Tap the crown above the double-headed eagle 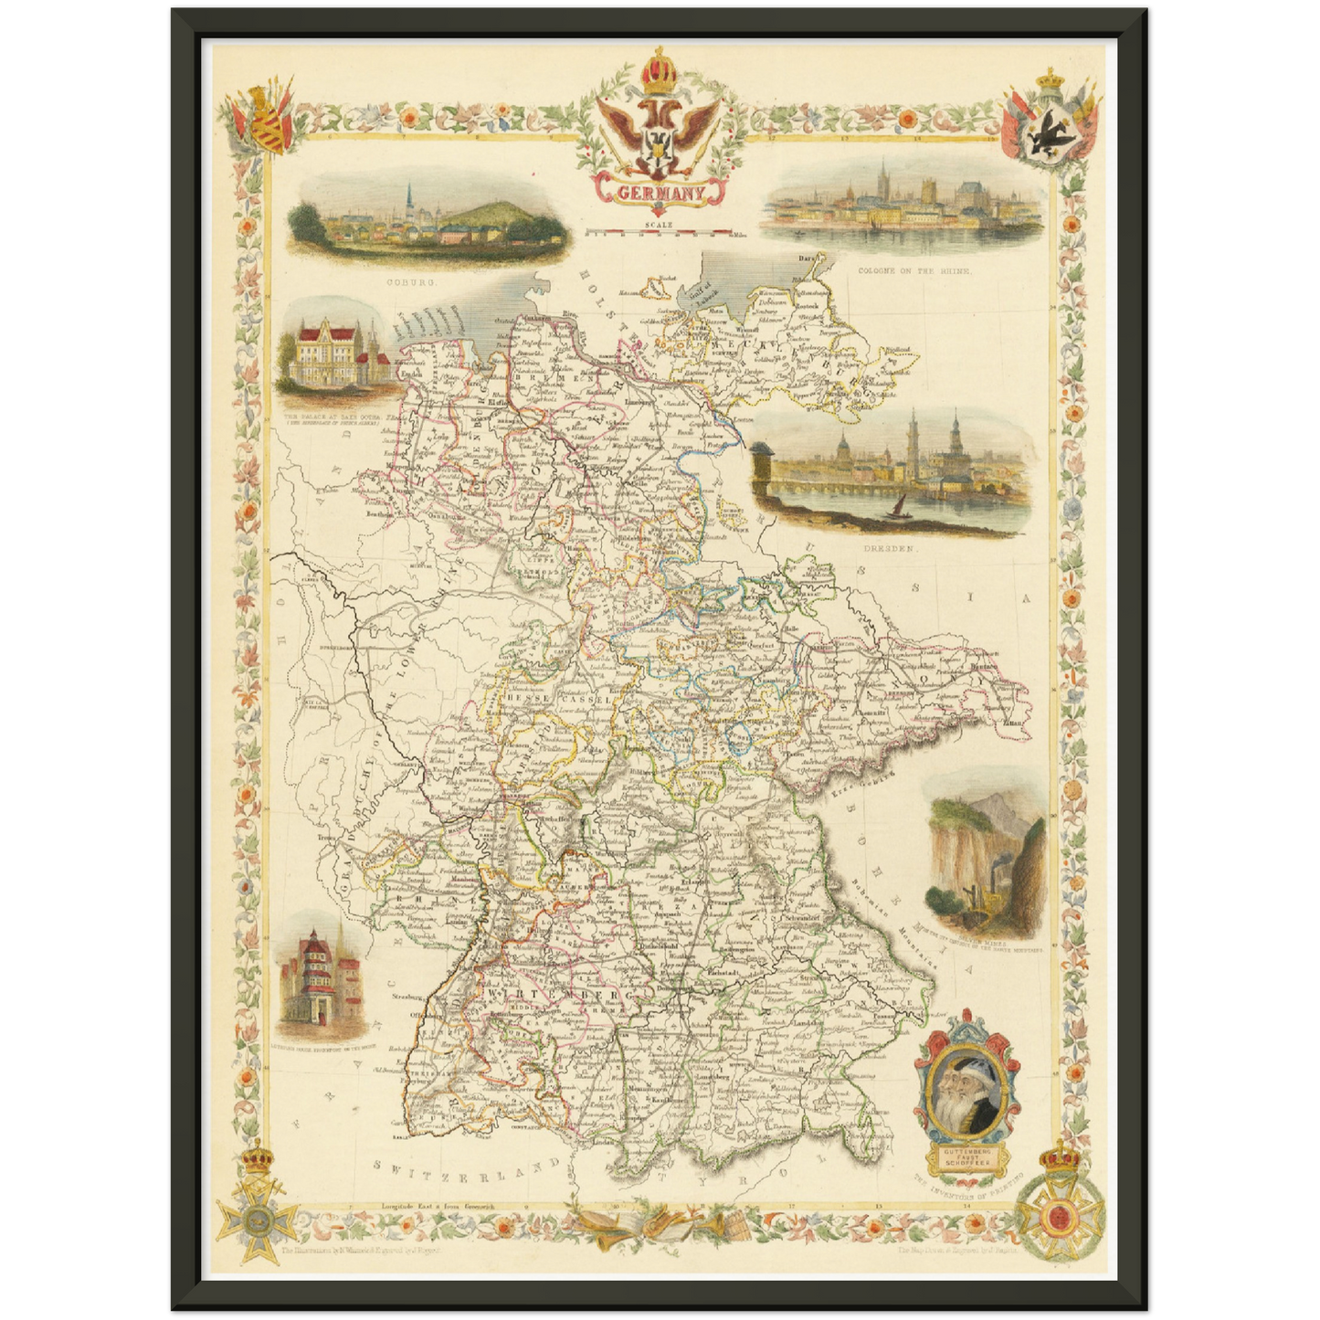(x=655, y=71)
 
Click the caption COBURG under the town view (x=411, y=283)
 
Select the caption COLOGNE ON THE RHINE (x=913, y=271)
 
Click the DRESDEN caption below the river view (x=888, y=549)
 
